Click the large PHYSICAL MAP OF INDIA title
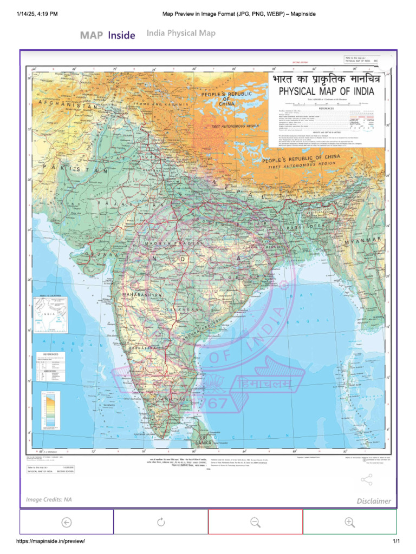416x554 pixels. pyautogui.click(x=326, y=91)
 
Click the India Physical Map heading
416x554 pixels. pyautogui.click(x=181, y=34)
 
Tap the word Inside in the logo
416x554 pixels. pyautogui.click(x=121, y=35)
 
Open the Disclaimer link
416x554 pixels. pyautogui.click(x=373, y=501)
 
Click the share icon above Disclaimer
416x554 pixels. pyautogui.click(x=367, y=480)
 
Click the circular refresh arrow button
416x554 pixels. pyautogui.click(x=161, y=522)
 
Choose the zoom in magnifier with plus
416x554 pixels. pyautogui.click(x=349, y=522)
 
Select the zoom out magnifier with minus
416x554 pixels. pyautogui.click(x=255, y=522)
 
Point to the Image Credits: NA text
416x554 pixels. pyautogui.click(x=49, y=499)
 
